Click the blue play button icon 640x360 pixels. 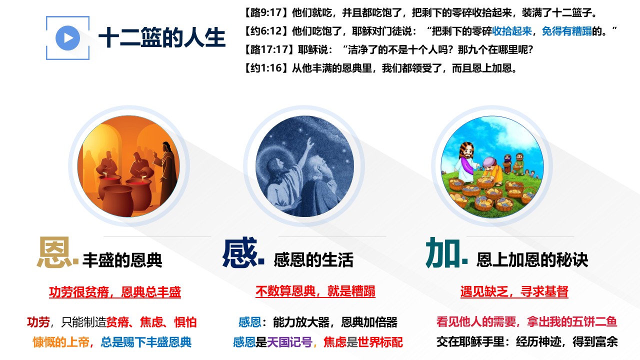pos(67,38)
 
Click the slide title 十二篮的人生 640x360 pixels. pos(162,37)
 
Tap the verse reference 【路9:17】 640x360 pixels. pos(266,13)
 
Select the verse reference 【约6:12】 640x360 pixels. pos(266,31)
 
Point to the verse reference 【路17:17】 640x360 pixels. pos(269,49)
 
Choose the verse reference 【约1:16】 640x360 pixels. pos(266,68)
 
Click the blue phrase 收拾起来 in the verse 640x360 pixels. pos(511,31)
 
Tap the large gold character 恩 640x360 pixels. pos(54,252)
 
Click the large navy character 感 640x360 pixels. pos(240,252)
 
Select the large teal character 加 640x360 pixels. pos(443,252)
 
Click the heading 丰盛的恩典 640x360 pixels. pos(122,260)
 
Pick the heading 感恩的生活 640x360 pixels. pos(313,260)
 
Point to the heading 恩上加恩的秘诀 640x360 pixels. pos(532,260)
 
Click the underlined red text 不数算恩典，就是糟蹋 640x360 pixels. pos(315,291)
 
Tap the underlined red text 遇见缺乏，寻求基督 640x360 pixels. pos(514,291)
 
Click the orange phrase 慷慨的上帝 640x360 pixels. pos(61,342)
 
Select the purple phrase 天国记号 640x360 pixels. pos(289,342)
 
